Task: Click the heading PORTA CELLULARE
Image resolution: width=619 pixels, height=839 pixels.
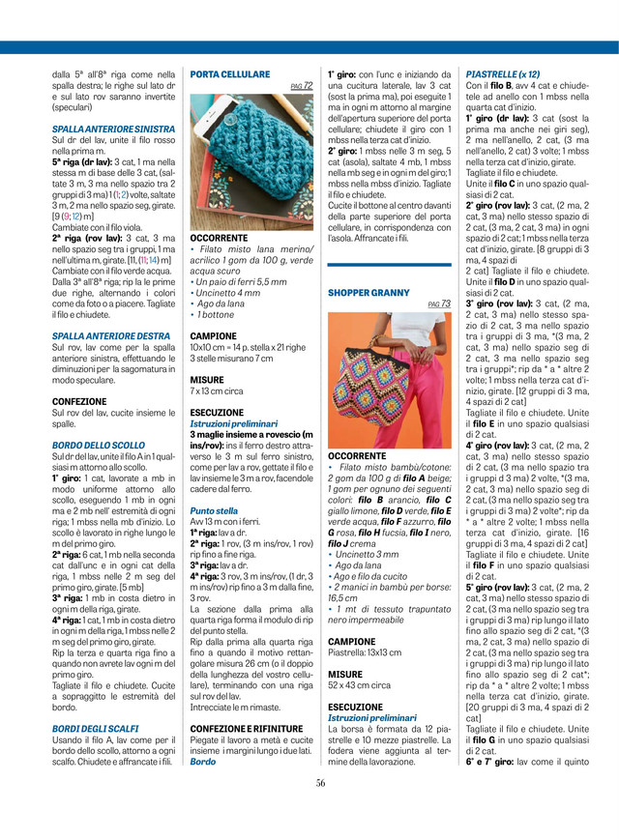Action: pos(230,73)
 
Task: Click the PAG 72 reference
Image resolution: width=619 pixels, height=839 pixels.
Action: pos(302,86)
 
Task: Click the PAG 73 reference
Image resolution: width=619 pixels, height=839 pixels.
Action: pos(439,304)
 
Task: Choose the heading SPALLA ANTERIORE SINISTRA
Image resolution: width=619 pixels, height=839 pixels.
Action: pos(113,128)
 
